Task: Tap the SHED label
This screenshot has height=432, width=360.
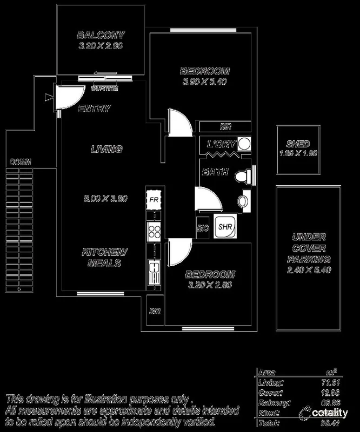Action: [x=298, y=144]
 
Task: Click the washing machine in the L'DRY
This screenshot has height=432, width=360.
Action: [x=244, y=144]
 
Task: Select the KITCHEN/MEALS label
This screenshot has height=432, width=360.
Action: [x=100, y=258]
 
